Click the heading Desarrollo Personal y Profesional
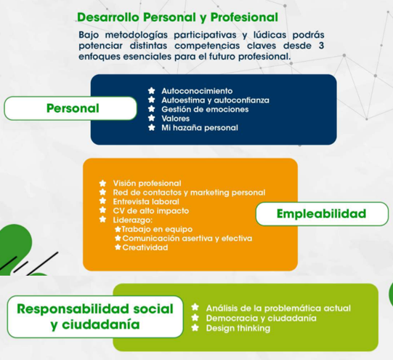[177, 17]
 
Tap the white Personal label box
[70, 108]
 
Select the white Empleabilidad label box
[322, 214]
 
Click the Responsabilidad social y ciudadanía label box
[95, 316]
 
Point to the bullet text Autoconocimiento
[197, 91]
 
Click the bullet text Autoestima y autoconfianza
[215, 100]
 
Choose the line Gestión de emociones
[205, 109]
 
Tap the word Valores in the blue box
[176, 119]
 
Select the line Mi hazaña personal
[200, 128]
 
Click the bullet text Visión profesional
[147, 183]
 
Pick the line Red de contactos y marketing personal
[189, 193]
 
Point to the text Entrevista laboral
[146, 201]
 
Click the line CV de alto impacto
[151, 211]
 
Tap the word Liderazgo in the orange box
[133, 220]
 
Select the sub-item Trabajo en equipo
[157, 229]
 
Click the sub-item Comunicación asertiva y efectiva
[187, 239]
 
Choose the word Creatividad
[145, 247]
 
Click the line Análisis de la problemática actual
[278, 308]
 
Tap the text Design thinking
[238, 328]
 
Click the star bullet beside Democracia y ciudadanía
[195, 318]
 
